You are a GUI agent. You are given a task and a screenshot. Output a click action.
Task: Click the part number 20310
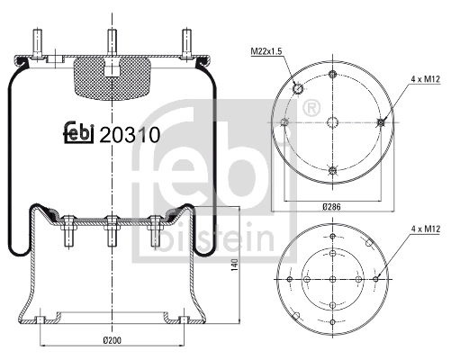(130, 134)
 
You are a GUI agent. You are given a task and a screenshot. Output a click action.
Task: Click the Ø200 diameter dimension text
(112, 339)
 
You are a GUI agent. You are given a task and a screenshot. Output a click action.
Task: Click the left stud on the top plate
(39, 43)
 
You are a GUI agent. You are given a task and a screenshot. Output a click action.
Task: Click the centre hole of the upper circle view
(334, 123)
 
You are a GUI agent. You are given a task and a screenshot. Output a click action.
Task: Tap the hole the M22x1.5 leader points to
(298, 87)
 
